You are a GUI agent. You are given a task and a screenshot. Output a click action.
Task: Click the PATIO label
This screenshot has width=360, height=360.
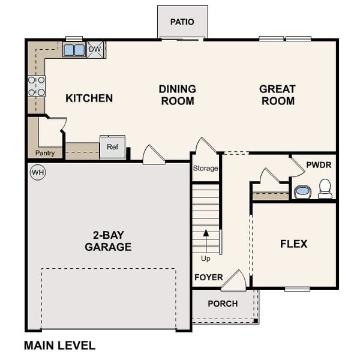click(x=182, y=22)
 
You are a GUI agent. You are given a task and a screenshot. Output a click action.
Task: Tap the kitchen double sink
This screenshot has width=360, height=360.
click(x=74, y=50)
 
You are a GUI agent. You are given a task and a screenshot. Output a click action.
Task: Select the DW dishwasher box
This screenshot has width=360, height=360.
click(x=96, y=49)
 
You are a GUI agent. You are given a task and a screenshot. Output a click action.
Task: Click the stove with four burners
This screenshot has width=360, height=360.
click(x=36, y=86)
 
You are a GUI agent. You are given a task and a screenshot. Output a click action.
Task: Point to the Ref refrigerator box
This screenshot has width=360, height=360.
click(x=112, y=147)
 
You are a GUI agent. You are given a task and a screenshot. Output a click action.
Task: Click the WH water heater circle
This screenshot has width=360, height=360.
click(x=38, y=173)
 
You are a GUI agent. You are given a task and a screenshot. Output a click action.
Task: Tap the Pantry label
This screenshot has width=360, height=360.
click(x=45, y=153)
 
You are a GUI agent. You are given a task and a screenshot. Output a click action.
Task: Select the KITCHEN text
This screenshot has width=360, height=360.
click(x=89, y=98)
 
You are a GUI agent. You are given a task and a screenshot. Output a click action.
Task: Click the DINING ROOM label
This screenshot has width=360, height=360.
click(x=177, y=95)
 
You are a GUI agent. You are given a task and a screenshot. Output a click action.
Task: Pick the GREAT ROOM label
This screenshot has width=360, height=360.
click(x=277, y=95)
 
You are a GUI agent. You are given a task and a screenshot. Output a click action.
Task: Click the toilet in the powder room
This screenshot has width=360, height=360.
click(x=325, y=189)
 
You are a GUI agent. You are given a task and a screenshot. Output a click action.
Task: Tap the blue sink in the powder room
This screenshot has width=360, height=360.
click(x=302, y=191)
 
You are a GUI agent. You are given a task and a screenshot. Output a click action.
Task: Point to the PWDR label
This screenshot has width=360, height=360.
click(x=318, y=164)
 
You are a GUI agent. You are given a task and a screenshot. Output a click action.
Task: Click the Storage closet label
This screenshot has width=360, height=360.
click(x=205, y=169)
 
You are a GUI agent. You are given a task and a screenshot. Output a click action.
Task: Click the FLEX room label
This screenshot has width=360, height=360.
click(x=293, y=244)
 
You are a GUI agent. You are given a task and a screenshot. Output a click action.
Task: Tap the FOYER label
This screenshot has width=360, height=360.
click(x=208, y=278)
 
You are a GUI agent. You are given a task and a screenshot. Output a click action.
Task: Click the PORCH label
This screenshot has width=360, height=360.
click(x=223, y=304)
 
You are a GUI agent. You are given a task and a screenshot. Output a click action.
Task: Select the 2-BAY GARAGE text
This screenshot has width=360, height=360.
click(x=108, y=241)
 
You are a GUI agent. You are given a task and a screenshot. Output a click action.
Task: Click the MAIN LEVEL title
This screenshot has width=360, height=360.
click(x=59, y=345)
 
